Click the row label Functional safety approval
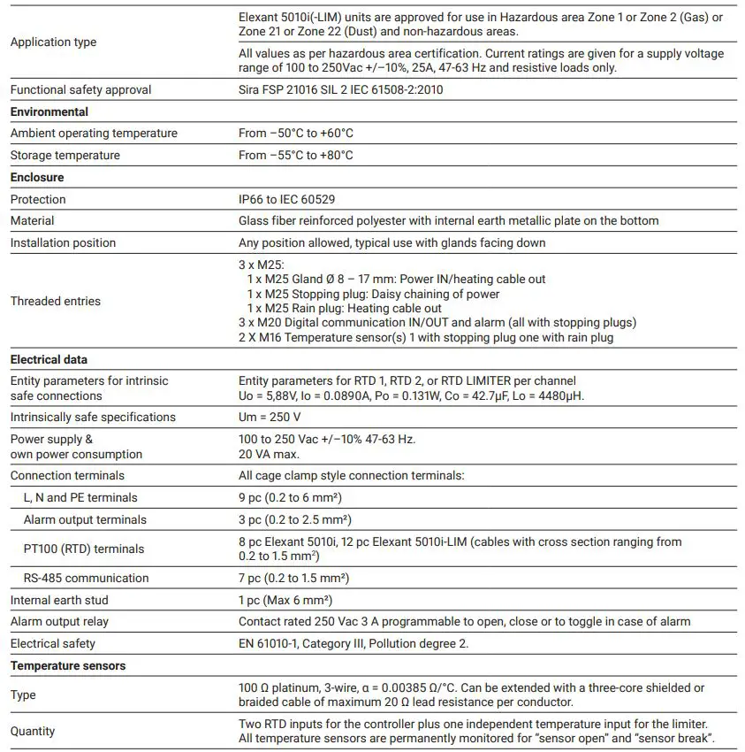[x=80, y=89]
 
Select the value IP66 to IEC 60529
[x=286, y=199]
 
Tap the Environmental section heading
[x=49, y=111]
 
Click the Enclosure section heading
[x=37, y=177]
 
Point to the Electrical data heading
[x=49, y=359]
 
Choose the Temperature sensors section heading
[x=68, y=665]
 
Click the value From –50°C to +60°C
[x=296, y=133]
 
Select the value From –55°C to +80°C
[x=296, y=155]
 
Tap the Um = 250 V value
[x=270, y=417]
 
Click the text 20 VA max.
[x=270, y=454]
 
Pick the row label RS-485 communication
[x=86, y=578]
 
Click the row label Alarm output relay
[x=59, y=621]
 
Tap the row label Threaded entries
[x=55, y=301]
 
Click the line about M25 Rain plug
[x=344, y=308]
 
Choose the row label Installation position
[x=63, y=242]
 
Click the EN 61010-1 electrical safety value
[x=353, y=643]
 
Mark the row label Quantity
[x=33, y=731]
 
